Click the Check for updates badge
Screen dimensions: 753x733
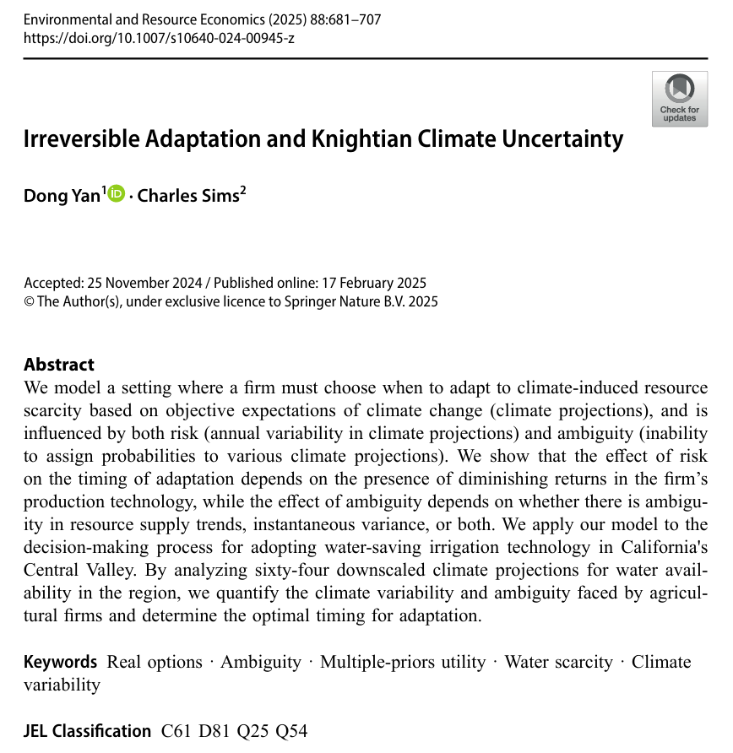click(679, 99)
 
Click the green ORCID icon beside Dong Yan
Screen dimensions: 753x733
click(116, 194)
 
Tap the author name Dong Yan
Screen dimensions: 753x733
click(62, 196)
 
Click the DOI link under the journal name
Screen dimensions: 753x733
click(159, 38)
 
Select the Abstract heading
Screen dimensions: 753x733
click(59, 365)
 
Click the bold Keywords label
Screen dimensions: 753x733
click(60, 663)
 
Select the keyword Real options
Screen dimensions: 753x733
click(155, 663)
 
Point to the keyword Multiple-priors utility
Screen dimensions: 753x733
click(403, 663)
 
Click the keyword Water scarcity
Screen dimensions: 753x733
click(558, 663)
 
